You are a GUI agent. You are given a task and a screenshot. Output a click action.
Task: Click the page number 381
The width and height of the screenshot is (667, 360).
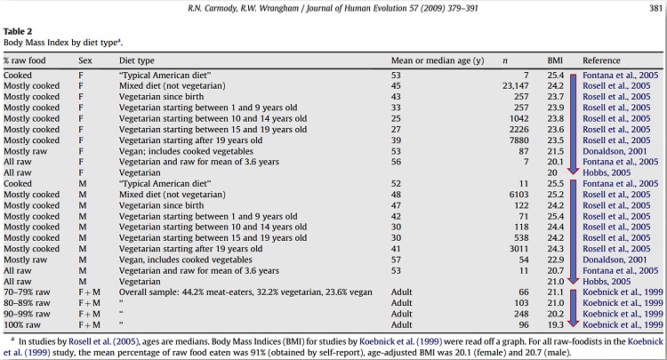[x=655, y=8]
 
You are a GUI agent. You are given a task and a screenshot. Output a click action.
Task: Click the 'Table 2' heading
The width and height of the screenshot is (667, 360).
[x=18, y=31]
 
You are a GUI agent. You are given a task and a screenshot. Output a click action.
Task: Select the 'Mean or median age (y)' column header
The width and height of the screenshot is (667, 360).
[x=438, y=60]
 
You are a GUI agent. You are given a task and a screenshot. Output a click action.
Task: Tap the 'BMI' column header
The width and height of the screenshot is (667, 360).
[x=555, y=60]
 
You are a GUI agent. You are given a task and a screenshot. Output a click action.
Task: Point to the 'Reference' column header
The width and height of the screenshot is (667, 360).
[x=601, y=60]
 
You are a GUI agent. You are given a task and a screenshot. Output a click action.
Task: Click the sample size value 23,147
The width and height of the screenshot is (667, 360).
[x=516, y=86]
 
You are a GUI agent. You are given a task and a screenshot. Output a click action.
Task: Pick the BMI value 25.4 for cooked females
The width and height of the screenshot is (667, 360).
[x=556, y=76]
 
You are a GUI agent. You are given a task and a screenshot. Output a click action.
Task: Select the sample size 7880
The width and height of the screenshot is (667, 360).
[x=519, y=140]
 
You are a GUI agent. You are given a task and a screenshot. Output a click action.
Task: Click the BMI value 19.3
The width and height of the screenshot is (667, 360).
[x=556, y=324]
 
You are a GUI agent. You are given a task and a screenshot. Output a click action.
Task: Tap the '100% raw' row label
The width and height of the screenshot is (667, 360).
[x=22, y=324]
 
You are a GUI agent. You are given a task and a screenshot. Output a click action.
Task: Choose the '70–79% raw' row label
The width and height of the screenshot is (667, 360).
[x=27, y=292]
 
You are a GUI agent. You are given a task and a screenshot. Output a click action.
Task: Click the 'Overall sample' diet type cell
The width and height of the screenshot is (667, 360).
[x=245, y=292]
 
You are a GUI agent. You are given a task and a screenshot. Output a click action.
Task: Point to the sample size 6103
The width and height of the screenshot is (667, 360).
[x=519, y=195]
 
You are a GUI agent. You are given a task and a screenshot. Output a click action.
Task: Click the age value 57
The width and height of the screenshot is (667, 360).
[x=396, y=260]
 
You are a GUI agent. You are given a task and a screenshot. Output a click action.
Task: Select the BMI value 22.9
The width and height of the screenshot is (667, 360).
[x=556, y=260]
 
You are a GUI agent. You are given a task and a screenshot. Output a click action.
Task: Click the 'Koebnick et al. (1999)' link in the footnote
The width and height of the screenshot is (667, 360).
[x=401, y=341]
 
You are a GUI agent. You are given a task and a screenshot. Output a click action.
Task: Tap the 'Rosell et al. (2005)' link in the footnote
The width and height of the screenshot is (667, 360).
[x=104, y=341]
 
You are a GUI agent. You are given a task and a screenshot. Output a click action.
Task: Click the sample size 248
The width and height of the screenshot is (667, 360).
[x=521, y=314]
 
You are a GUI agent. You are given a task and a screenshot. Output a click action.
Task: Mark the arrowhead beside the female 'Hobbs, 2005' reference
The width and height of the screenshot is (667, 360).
[x=573, y=170]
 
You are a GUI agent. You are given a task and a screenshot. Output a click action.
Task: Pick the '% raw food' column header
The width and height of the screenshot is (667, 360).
[x=24, y=60]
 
